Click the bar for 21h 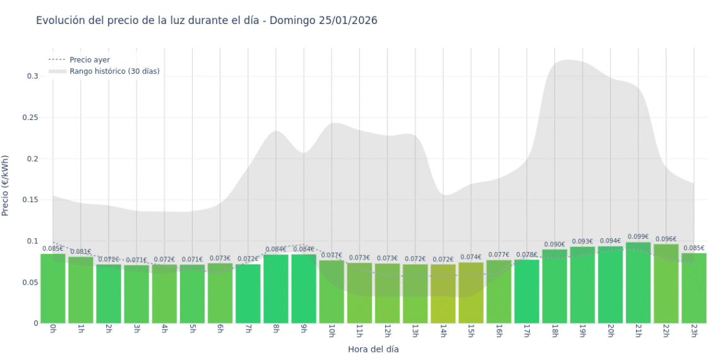click(638, 283)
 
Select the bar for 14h click(443, 294)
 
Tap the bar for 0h click(53, 288)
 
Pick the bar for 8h click(276, 289)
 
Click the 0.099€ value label click(638, 237)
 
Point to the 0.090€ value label click(555, 244)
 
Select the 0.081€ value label click(80, 252)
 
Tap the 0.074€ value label click(471, 258)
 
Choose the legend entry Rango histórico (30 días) click(114, 71)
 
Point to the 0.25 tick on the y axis click(30, 117)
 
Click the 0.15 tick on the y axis click(30, 200)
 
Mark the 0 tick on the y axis click(36, 323)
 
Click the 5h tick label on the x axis click(192, 331)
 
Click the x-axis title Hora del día click(373, 349)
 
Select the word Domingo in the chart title click(291, 20)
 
